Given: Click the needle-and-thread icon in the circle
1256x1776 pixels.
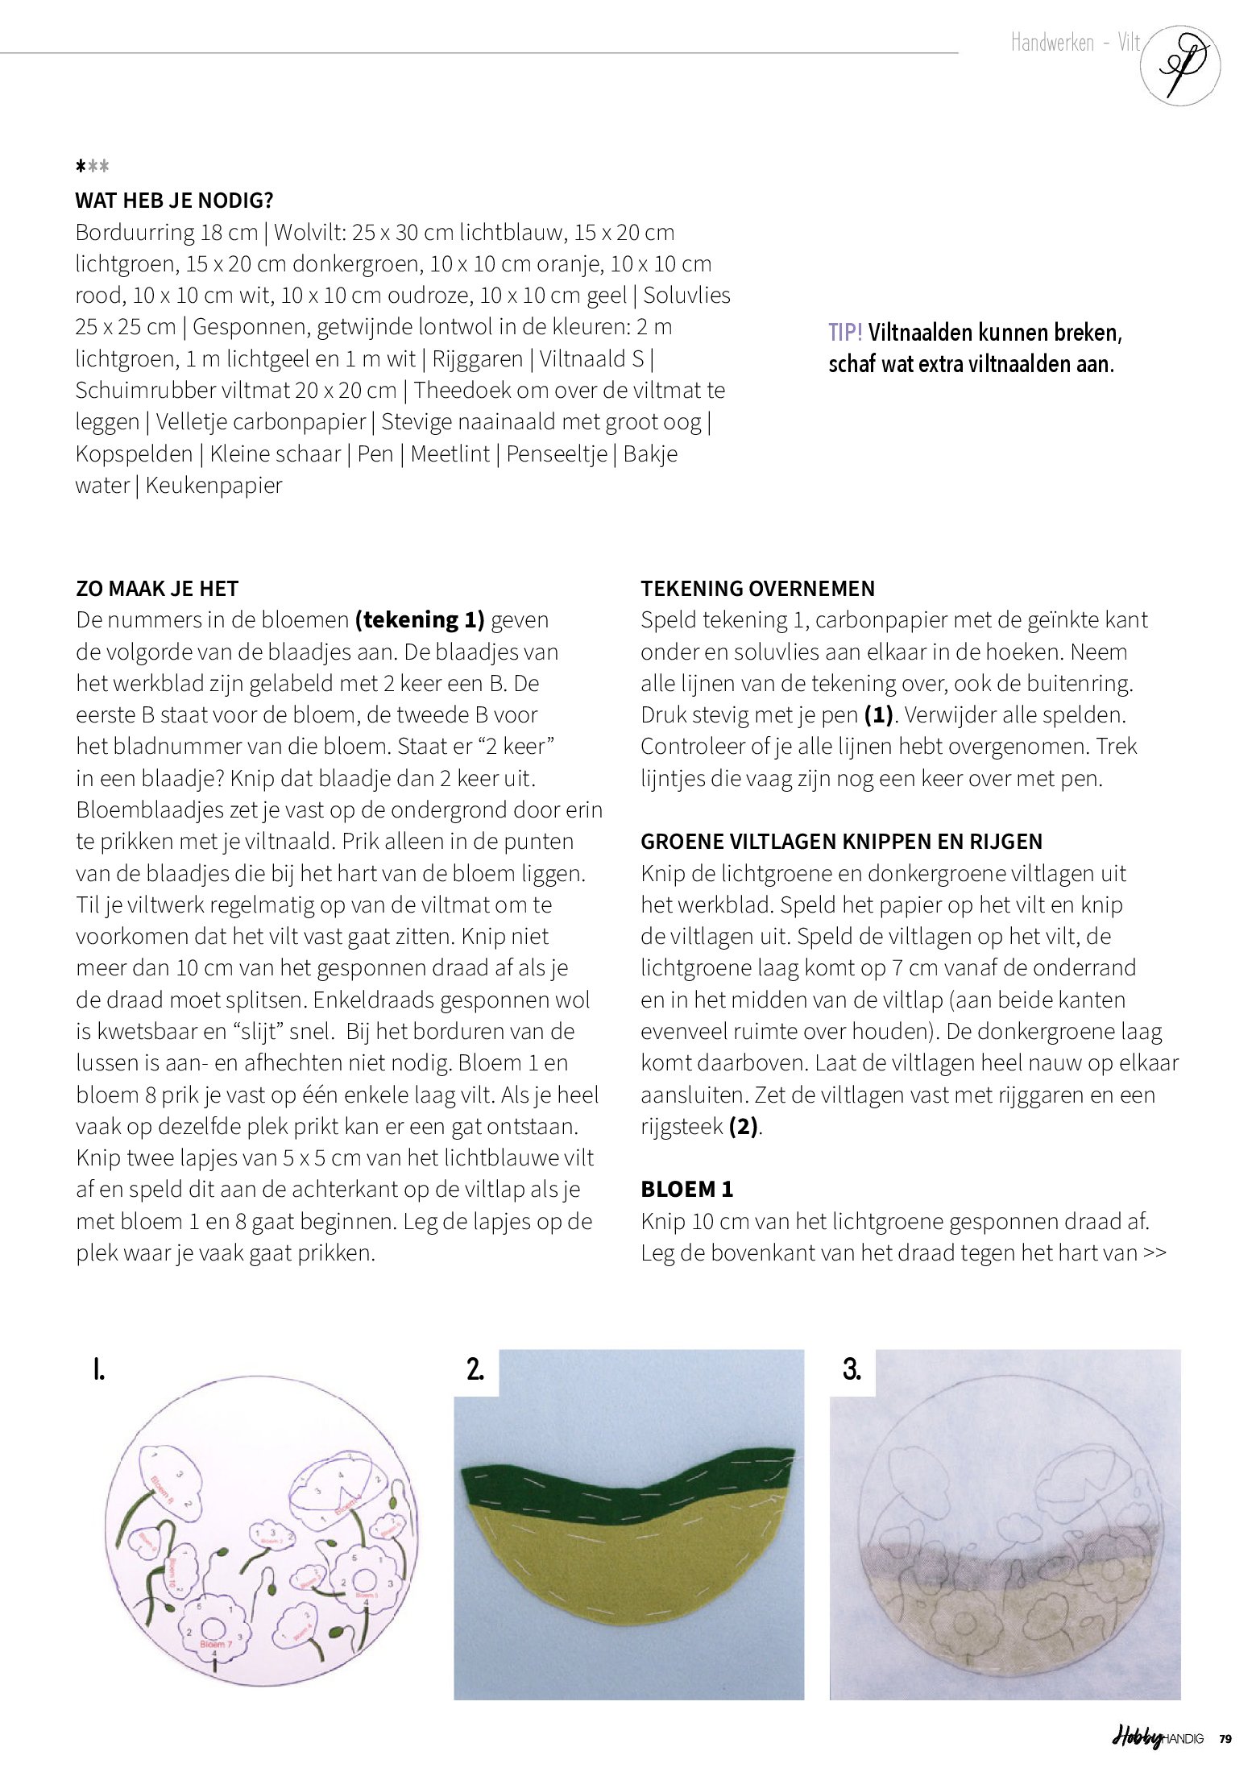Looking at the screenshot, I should (1180, 65).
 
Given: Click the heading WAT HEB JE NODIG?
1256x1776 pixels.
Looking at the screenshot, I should (174, 200).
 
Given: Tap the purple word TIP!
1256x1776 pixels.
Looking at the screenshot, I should (845, 333).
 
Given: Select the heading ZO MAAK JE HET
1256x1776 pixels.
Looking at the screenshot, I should (157, 589).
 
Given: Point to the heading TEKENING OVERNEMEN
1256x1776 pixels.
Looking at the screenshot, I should (757, 589).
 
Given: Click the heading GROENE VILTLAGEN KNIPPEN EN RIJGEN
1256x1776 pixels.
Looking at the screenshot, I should (841, 842).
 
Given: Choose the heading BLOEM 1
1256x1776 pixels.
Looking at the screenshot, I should (686, 1190).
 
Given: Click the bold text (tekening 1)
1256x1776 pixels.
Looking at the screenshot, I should (420, 620).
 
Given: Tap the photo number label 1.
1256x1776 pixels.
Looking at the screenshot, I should (98, 1369).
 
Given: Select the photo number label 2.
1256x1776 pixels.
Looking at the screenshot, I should (475, 1369).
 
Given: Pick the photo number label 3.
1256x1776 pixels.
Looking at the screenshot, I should (852, 1369).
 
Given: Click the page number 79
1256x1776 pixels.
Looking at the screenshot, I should (1225, 1739).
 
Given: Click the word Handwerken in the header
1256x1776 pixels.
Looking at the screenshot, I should (1052, 43).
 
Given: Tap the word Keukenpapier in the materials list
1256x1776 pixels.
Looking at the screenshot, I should (213, 486).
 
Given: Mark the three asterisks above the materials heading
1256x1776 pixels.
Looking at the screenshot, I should (92, 167).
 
